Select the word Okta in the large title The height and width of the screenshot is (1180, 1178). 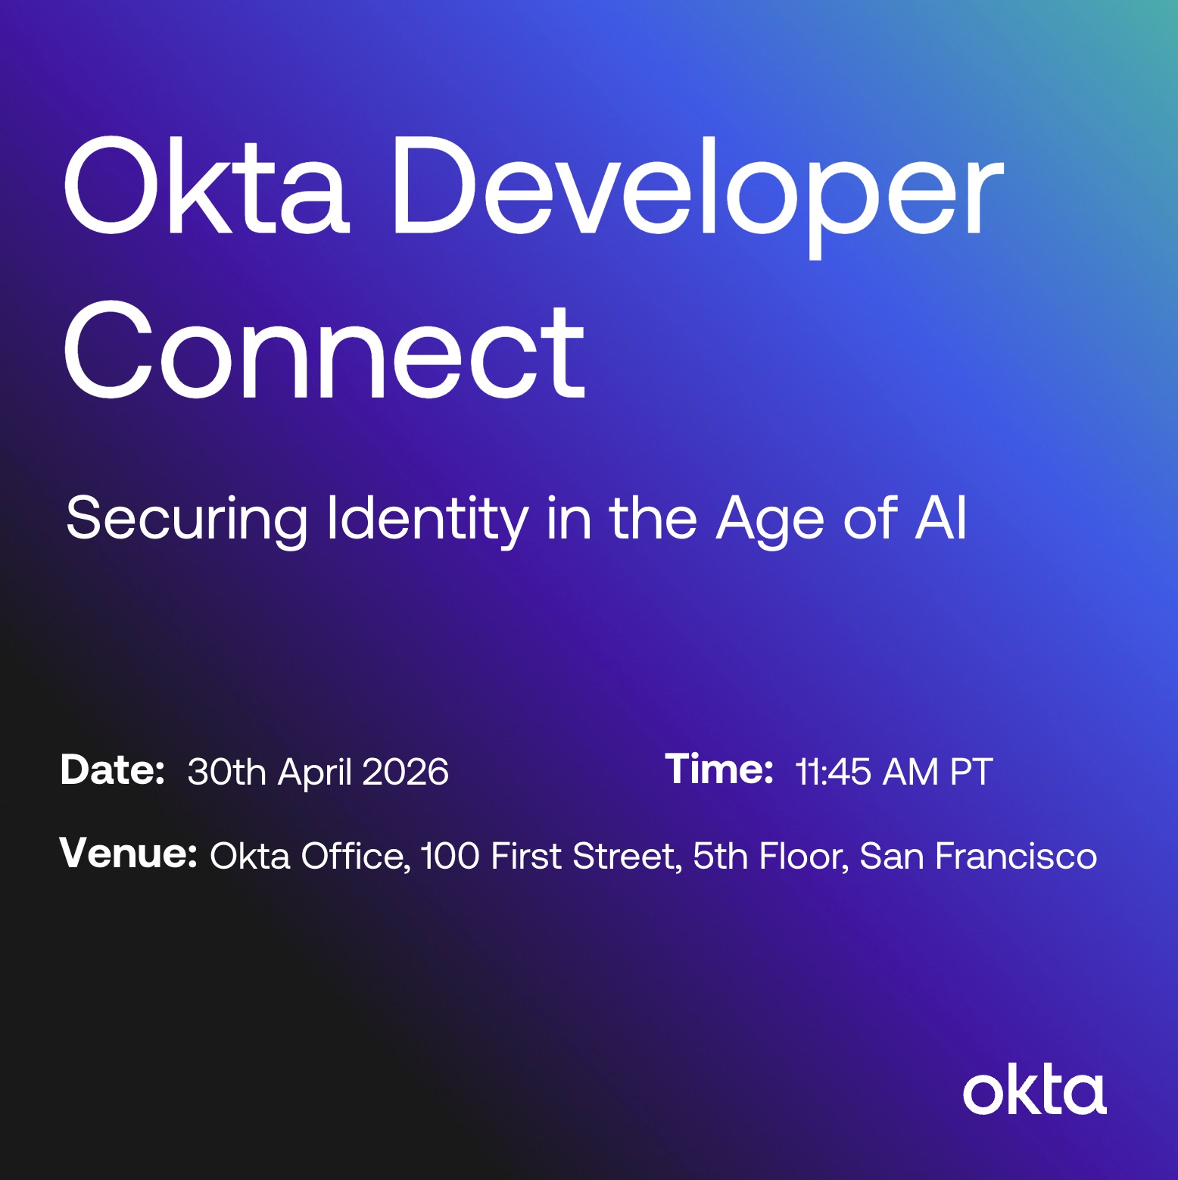[206, 188]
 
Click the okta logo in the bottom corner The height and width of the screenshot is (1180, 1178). [1034, 1092]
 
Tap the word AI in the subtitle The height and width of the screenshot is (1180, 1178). [940, 518]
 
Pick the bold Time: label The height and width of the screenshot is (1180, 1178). [718, 769]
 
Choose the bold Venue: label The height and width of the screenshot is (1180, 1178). [128, 854]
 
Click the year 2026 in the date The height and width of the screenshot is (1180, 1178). [405, 773]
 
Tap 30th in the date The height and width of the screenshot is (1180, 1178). [226, 773]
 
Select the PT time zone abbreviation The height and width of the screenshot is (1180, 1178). [971, 773]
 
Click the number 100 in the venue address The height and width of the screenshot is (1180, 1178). [450, 857]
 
